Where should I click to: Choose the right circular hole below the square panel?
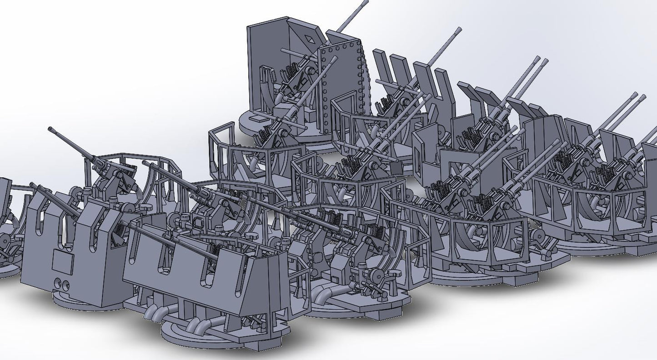coord(67,286)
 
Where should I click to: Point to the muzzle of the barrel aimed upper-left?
coord(50,130)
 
